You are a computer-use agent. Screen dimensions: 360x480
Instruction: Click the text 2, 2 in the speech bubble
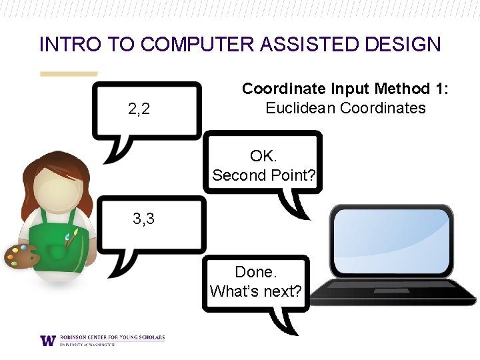(x=139, y=109)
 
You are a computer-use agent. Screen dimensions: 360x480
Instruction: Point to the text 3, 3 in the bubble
(x=143, y=218)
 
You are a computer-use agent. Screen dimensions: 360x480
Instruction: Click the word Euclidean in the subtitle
(x=301, y=108)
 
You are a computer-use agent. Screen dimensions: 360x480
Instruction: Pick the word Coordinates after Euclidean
(x=383, y=108)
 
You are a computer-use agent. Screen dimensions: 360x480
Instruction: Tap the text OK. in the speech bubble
(x=263, y=156)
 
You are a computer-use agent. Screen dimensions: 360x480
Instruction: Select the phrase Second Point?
(x=263, y=175)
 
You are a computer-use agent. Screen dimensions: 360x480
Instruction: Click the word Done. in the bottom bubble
(x=255, y=272)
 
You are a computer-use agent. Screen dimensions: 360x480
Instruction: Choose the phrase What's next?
(x=255, y=291)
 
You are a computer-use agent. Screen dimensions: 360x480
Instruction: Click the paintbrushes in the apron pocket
(x=70, y=237)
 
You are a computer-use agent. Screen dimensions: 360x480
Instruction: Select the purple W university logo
(x=48, y=340)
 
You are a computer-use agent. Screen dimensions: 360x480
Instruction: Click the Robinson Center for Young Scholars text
(x=111, y=337)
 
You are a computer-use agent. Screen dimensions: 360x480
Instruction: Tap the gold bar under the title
(x=69, y=74)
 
